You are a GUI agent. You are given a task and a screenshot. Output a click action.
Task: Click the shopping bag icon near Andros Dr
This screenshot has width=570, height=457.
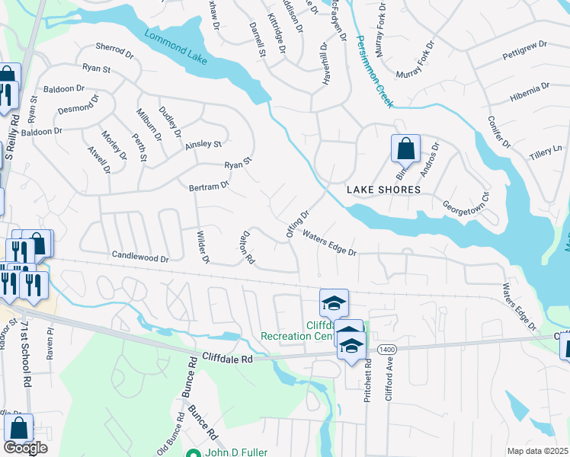(405, 148)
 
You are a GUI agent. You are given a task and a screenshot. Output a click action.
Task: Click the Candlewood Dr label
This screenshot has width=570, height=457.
(139, 258)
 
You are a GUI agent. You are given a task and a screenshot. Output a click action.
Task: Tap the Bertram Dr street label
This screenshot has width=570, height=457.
(209, 186)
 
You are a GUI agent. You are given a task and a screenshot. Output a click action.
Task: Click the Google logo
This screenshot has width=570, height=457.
(25, 448)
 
